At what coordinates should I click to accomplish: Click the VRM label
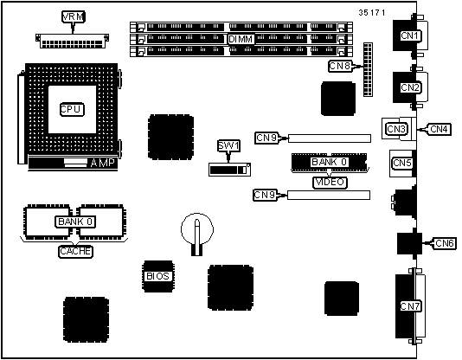click(x=74, y=16)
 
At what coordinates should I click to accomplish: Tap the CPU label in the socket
click(x=72, y=109)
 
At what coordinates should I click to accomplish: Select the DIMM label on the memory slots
click(x=241, y=39)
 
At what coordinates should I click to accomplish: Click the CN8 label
click(x=340, y=66)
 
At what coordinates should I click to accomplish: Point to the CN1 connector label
click(x=409, y=35)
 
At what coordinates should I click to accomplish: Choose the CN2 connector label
click(x=409, y=87)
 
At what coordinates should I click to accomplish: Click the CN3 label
click(x=396, y=129)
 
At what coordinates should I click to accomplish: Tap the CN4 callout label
click(x=439, y=129)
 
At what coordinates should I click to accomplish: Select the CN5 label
click(x=402, y=163)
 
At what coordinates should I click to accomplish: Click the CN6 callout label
click(x=445, y=243)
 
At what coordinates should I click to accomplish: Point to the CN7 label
click(x=410, y=306)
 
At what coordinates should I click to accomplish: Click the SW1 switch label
click(x=228, y=145)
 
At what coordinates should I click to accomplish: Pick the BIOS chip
click(x=158, y=276)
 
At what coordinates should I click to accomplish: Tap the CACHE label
click(x=75, y=251)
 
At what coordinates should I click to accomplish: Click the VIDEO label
click(x=330, y=182)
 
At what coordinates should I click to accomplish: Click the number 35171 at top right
click(x=372, y=13)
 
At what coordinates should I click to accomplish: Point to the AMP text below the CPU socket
click(x=102, y=163)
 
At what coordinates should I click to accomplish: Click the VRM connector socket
click(x=72, y=41)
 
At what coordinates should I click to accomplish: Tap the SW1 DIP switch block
click(x=229, y=170)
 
